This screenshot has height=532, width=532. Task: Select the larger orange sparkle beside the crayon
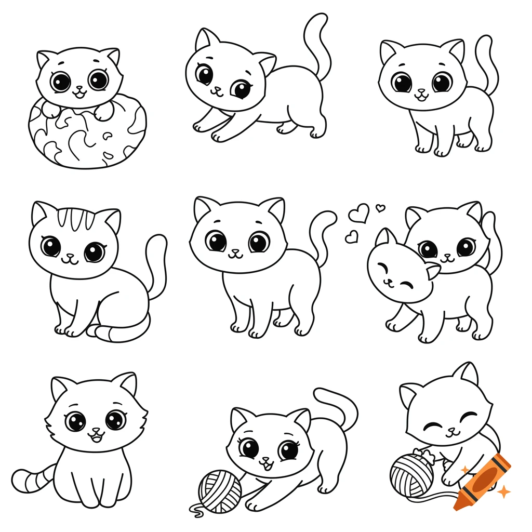503,490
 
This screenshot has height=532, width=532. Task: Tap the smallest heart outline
381,208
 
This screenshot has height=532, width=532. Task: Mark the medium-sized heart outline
352,237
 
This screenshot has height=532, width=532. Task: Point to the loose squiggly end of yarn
196,511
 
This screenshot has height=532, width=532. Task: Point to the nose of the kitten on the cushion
79,89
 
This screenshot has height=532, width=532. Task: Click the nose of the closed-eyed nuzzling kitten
387,279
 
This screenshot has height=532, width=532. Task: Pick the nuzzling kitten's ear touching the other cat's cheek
431,270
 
